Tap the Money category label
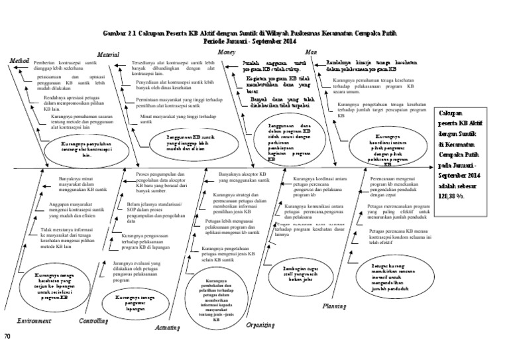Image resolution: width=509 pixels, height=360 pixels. [x=229, y=52]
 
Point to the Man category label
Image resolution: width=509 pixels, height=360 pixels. [x=310, y=52]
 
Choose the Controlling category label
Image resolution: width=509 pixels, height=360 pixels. [x=93, y=321]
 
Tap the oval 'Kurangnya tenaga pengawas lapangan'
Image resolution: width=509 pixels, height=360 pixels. [x=131, y=302]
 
